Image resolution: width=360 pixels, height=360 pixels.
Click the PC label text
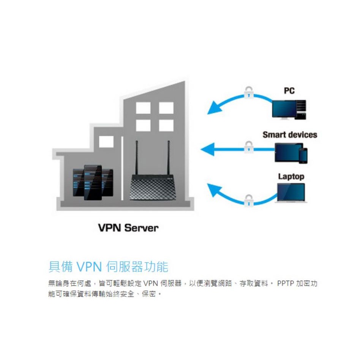(289, 91)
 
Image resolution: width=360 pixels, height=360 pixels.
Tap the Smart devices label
(290, 135)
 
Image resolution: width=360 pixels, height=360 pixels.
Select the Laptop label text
(291, 177)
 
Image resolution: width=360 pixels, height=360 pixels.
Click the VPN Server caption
(128, 228)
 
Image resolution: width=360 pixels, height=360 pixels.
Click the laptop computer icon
(292, 193)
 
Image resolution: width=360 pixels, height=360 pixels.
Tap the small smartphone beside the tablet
(303, 155)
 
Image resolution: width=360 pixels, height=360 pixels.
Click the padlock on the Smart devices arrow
(248, 146)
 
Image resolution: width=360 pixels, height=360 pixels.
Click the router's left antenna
(136, 158)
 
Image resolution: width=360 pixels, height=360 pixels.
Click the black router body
(152, 187)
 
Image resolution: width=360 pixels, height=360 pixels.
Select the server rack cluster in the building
(93, 183)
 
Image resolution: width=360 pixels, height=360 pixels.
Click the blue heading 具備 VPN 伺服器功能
(108, 267)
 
